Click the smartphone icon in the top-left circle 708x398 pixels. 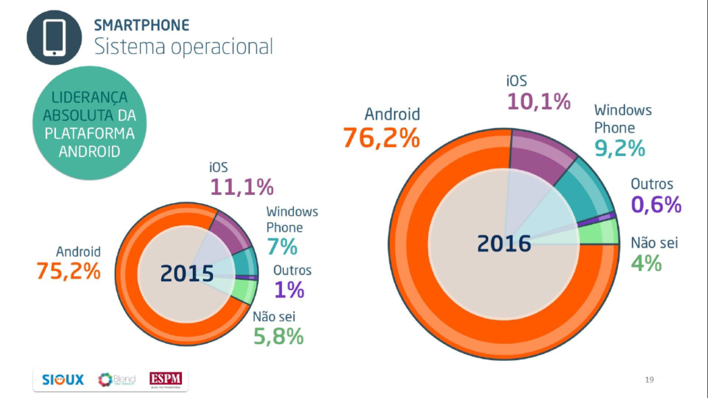[55, 37]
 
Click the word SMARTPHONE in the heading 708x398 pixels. [141, 26]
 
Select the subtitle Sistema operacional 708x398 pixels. [183, 47]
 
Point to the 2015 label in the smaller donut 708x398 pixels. [187, 274]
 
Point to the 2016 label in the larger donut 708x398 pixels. [504, 243]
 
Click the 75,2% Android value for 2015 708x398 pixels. [68, 272]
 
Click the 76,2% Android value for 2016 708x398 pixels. [381, 138]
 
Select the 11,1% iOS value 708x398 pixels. [241, 187]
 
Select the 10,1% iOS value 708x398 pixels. [539, 102]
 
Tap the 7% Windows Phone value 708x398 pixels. [281, 246]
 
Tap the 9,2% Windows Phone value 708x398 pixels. [619, 148]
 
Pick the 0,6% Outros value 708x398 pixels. [656, 205]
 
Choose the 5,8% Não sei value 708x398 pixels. [277, 337]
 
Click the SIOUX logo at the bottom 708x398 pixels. [62, 379]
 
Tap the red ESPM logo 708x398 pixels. [164, 379]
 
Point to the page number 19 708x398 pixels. [649, 379]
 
